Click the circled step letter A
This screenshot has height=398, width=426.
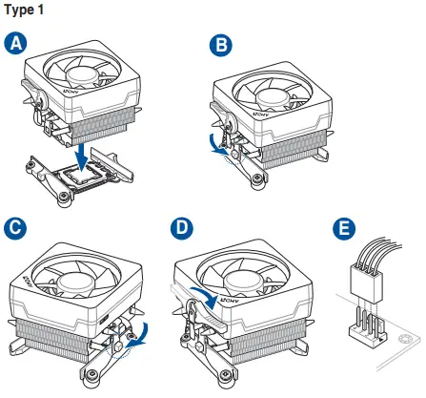[16, 42]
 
